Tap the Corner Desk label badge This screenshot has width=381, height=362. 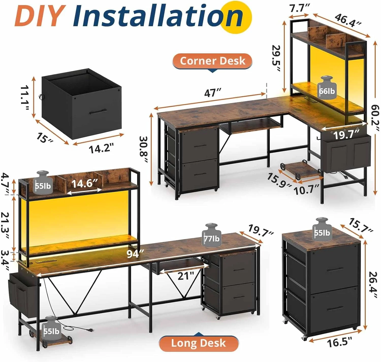212,61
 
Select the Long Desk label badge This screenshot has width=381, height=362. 198,343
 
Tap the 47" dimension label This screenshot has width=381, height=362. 213,93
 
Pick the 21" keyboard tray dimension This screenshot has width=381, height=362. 186,276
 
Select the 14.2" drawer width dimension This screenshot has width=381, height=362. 101,148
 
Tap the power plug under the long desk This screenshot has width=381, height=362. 89,330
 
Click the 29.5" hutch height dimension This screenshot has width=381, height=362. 276,58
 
